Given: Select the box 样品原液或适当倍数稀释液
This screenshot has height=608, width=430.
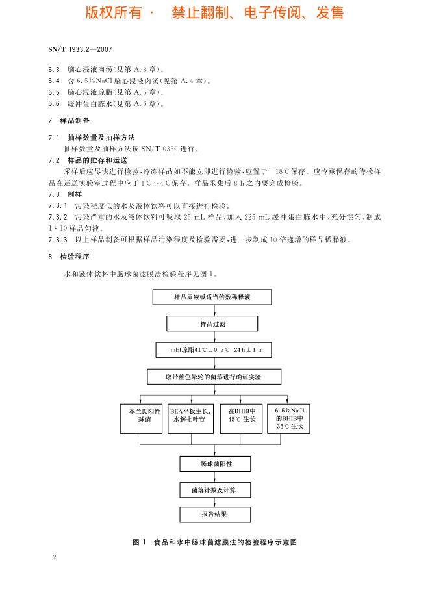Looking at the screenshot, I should [x=212, y=297].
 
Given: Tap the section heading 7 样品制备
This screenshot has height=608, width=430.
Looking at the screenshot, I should [x=70, y=121].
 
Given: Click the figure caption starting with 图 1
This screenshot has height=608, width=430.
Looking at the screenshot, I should [x=214, y=542].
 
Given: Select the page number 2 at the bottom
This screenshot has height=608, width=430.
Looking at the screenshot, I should [x=55, y=557].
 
